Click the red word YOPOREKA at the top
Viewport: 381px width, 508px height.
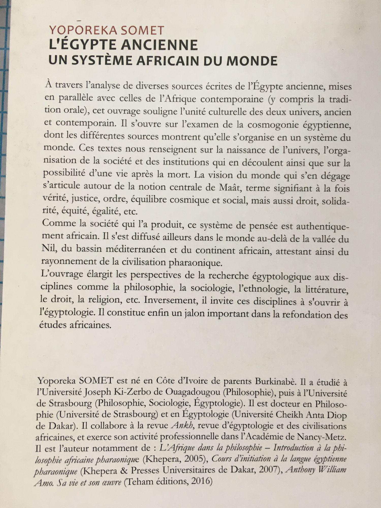pos(83,31)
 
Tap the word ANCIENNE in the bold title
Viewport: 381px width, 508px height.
pos(159,45)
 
